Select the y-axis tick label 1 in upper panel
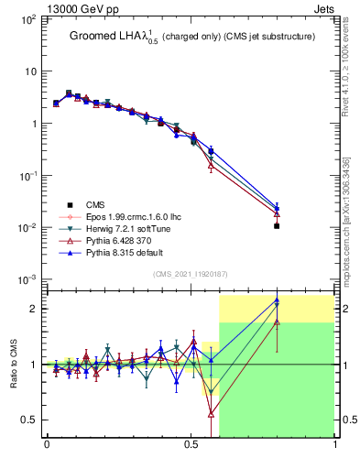pyautogui.click(x=32, y=124)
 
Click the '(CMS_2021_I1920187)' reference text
pyautogui.click(x=190, y=274)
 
